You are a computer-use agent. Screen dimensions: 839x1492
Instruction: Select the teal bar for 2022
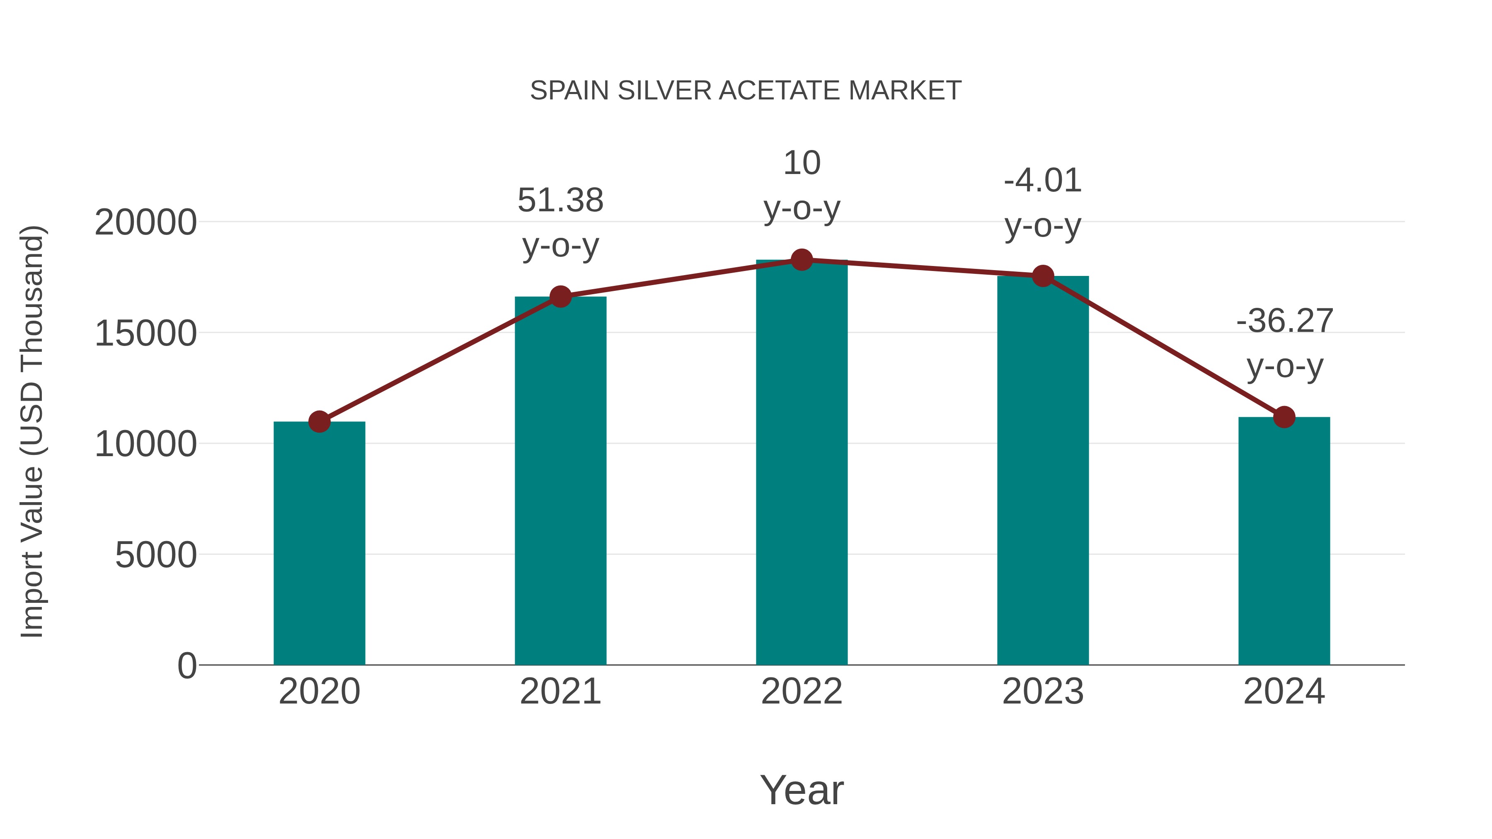click(802, 463)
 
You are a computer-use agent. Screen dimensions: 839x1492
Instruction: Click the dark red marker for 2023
click(1043, 276)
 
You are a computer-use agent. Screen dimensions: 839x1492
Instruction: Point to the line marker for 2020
click(319, 421)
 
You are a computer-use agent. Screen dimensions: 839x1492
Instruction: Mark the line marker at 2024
click(1284, 417)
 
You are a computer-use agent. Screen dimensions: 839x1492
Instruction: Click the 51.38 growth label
click(560, 201)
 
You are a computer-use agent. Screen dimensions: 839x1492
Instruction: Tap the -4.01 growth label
click(1043, 181)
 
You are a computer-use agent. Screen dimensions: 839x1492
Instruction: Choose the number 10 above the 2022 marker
click(802, 163)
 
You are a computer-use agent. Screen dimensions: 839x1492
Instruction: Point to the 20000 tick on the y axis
click(145, 222)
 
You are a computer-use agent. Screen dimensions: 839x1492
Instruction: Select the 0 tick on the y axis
click(186, 666)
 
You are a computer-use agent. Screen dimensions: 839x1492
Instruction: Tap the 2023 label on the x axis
click(1043, 692)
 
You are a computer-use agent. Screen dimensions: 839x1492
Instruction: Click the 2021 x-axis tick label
click(560, 692)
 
